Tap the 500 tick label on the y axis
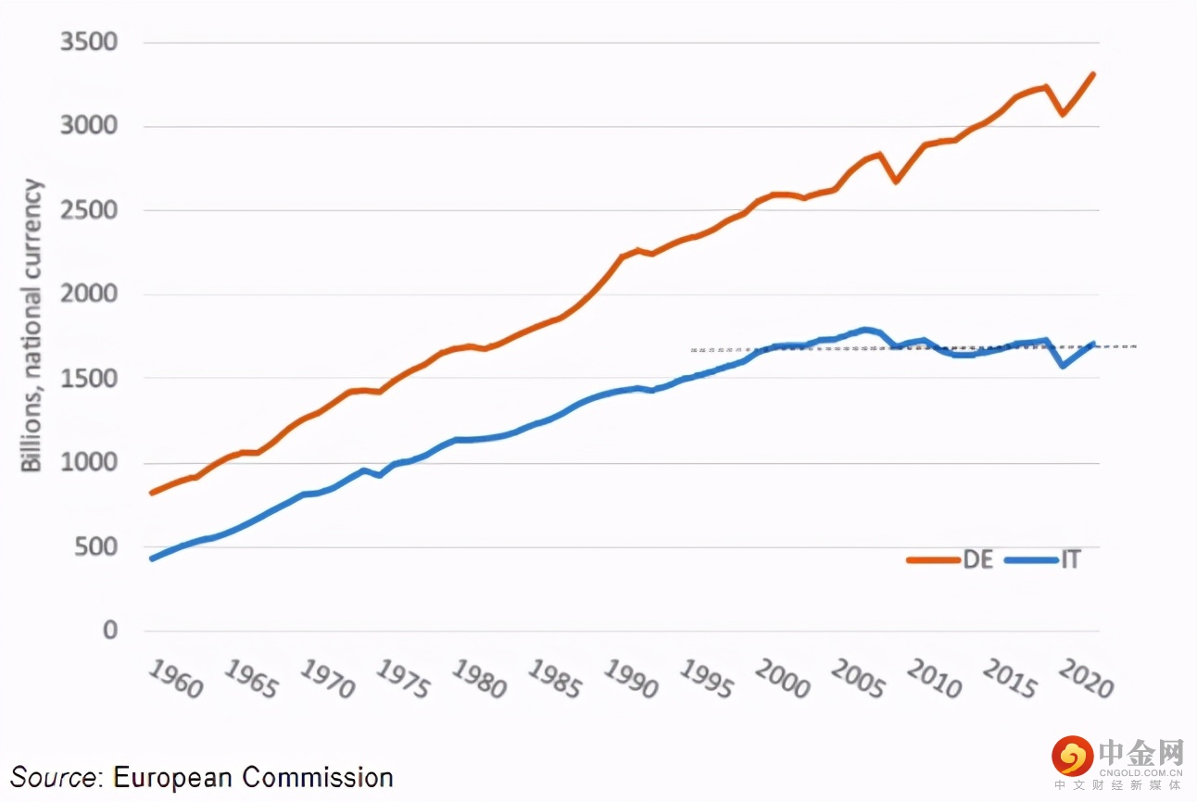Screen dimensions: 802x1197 pyautogui.click(x=97, y=546)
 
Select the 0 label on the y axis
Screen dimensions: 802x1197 pyautogui.click(x=110, y=631)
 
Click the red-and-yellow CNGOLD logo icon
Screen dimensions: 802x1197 pyautogui.click(x=1072, y=757)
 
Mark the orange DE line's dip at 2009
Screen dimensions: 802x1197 pyautogui.click(x=896, y=181)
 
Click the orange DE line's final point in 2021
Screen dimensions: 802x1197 pyautogui.click(x=1093, y=74)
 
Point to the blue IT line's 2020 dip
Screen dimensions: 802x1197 pyautogui.click(x=1063, y=366)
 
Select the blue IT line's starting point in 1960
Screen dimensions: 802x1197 pyautogui.click(x=152, y=558)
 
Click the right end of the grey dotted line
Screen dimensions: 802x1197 pyautogui.click(x=1135, y=346)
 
